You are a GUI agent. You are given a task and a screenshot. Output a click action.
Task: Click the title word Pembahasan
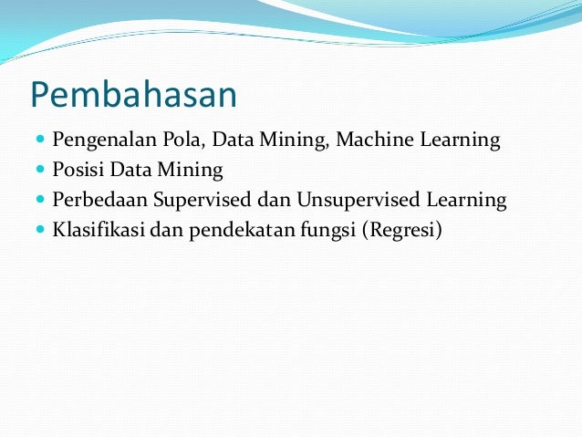(133, 95)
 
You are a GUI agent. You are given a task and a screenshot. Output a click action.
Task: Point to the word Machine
(378, 140)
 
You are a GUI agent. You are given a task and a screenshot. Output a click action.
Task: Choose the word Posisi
(78, 170)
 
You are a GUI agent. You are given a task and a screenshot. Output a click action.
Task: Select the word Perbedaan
(97, 199)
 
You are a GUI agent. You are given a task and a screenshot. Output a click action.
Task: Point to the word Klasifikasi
(98, 228)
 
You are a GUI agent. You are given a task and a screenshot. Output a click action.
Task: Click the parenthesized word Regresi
(403, 228)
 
